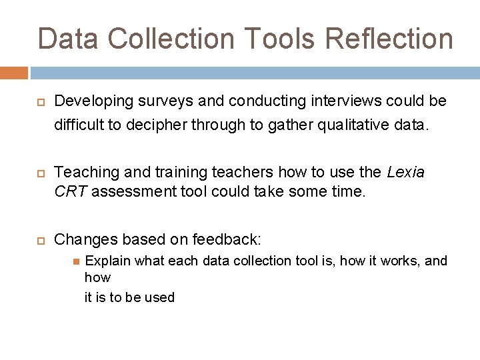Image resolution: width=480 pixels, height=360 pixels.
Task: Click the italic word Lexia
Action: point(405,173)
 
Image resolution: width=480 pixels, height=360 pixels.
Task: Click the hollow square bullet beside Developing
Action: point(39,103)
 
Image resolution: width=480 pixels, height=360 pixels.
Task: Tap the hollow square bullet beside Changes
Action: point(39,239)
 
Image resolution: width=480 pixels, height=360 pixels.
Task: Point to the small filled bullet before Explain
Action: point(76,261)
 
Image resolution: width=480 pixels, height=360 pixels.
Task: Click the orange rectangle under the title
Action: point(14,73)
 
